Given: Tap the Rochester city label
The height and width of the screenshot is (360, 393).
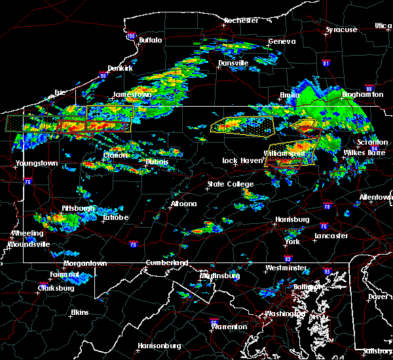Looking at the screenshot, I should [241, 20].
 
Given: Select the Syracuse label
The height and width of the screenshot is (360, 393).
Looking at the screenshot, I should [341, 29].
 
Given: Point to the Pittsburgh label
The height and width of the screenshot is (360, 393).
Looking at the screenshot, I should [78, 208].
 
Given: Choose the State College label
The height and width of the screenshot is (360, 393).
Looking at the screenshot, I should [231, 185].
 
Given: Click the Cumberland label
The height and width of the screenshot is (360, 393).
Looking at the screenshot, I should [166, 262].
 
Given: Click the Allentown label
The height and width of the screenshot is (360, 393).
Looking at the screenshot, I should [376, 197].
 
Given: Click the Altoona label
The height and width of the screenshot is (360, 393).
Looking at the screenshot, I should [183, 204].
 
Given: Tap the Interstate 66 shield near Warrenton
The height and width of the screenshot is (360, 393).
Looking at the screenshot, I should [214, 322].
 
